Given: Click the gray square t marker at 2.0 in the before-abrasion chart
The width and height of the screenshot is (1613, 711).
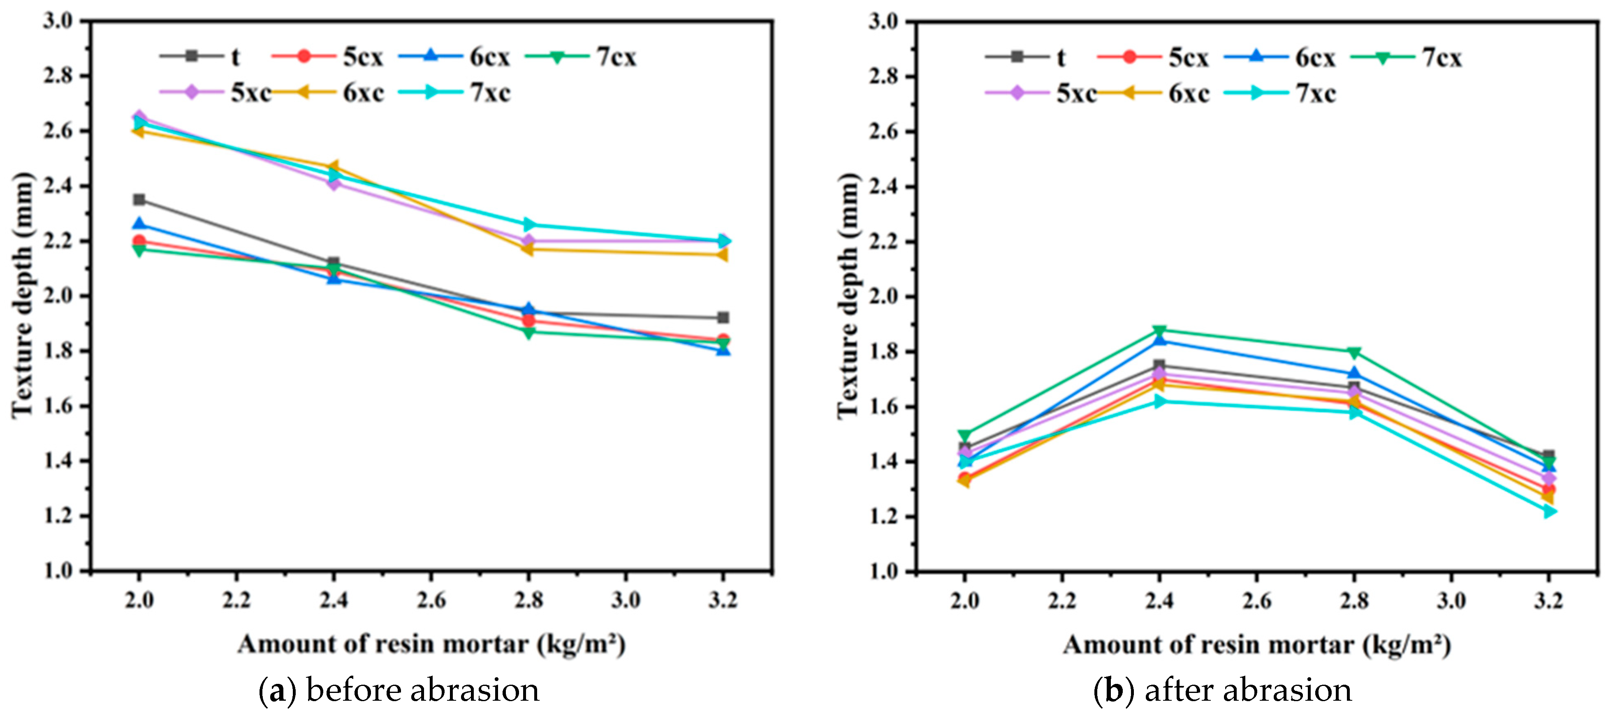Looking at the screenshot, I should tap(139, 200).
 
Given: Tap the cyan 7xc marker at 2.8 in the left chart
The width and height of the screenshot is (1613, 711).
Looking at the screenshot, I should tap(528, 224).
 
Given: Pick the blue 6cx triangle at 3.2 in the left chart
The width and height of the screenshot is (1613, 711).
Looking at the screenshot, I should tap(723, 349).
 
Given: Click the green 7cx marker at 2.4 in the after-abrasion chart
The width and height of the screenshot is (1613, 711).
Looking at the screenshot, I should tap(1159, 330).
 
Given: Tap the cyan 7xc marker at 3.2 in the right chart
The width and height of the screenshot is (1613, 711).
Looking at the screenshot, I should tap(1548, 511).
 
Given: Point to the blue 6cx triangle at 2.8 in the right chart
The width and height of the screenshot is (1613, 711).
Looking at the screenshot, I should tap(1354, 374).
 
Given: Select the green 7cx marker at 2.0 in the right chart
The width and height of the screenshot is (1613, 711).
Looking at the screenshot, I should tap(964, 435).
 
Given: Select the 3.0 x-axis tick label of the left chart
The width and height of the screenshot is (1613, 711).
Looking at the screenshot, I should tap(626, 600).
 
